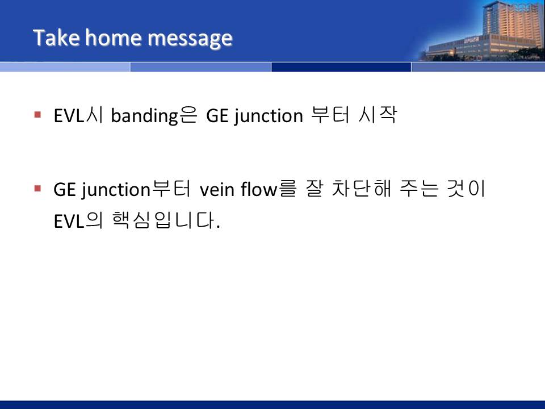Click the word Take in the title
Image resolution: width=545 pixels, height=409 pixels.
point(56,37)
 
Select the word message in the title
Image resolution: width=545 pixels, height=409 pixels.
point(190,39)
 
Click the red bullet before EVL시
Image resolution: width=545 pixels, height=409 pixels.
point(38,114)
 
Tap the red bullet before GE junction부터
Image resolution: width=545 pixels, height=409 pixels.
point(38,189)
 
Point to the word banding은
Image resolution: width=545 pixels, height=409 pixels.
point(154,115)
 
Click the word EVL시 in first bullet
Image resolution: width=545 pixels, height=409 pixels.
point(78,115)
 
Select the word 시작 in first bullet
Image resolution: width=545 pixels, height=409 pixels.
point(378,115)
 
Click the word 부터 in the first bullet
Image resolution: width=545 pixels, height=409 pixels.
point(330,115)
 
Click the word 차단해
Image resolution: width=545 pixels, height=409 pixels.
point(362,189)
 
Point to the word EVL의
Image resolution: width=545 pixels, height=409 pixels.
point(78,220)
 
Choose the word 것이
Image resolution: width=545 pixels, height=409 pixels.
point(466,189)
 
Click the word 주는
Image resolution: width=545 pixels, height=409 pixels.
point(419,189)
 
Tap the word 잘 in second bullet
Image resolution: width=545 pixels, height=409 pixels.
point(314,189)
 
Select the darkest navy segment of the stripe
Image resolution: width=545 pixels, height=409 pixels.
point(341,67)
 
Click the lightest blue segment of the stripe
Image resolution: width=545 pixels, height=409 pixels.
point(65,67)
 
